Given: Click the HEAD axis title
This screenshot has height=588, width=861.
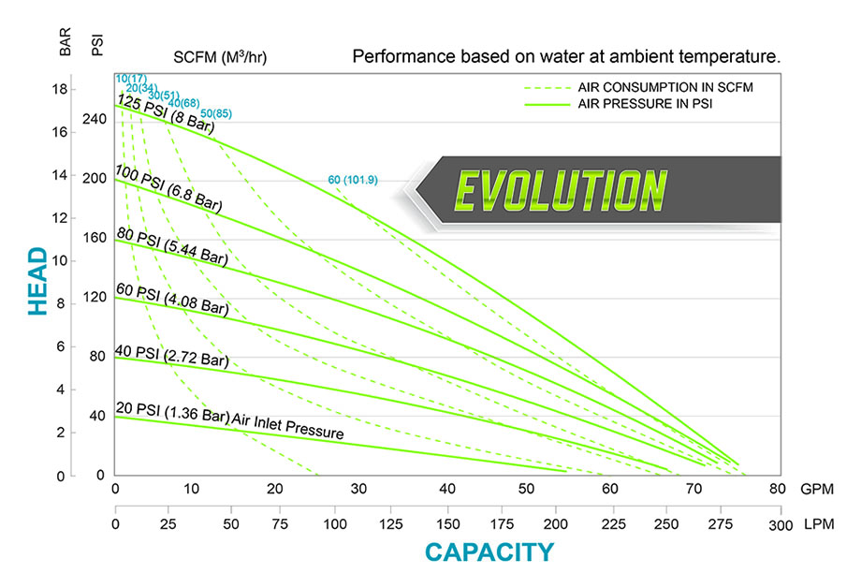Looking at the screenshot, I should (x=38, y=281).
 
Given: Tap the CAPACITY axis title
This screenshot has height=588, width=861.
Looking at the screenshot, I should (x=489, y=552).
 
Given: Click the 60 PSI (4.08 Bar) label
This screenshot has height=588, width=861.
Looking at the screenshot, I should (x=171, y=300).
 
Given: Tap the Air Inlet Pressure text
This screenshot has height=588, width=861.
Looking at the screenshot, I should (x=288, y=426).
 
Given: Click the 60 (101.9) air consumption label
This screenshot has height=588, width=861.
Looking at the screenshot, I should (x=352, y=180).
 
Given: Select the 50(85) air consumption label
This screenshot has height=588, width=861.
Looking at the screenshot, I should (x=216, y=113).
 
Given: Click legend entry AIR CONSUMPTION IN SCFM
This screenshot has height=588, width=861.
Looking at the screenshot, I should (x=665, y=86).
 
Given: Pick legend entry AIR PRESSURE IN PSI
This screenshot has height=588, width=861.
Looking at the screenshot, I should (x=646, y=104).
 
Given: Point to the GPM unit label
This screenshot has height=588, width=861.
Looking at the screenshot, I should (x=813, y=489).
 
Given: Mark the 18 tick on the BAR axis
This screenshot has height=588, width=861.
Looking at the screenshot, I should (x=61, y=90).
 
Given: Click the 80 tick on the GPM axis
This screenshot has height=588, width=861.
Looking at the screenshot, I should (x=777, y=489).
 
